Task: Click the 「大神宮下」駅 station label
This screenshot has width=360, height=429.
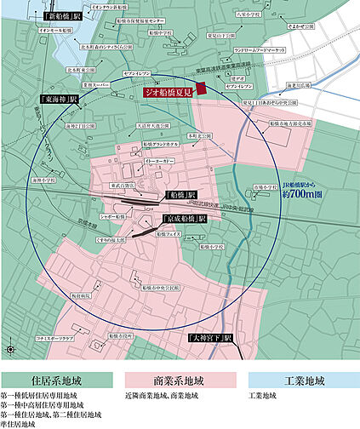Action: [x=211, y=338]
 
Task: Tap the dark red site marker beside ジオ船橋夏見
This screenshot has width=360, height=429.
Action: [x=202, y=87]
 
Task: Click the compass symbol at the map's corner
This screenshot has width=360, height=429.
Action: [x=9, y=349]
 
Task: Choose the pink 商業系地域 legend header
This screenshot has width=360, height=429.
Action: [x=180, y=377]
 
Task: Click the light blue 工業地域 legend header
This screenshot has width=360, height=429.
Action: [x=300, y=377]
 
